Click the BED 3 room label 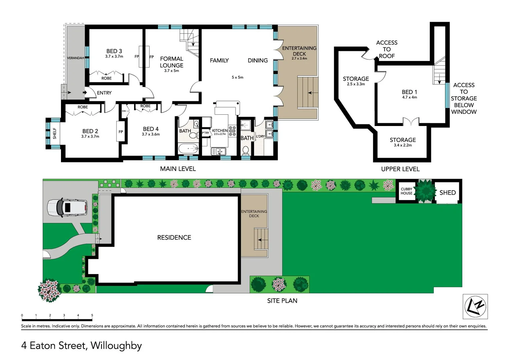[114, 51]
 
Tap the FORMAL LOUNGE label [171, 62]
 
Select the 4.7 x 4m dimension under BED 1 [409, 97]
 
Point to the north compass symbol [475, 306]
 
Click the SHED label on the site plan [447, 193]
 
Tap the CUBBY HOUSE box [406, 191]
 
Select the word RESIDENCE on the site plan [174, 238]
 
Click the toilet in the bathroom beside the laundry [246, 150]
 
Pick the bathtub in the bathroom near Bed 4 [188, 148]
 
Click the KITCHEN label [220, 131]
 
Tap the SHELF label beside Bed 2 [55, 133]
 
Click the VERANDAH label [76, 58]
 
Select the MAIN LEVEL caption [178, 169]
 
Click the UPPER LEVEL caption [400, 169]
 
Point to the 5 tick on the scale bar [92, 315]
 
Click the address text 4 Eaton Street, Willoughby [82, 345]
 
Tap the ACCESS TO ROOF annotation [387, 49]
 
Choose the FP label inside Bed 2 [121, 132]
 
